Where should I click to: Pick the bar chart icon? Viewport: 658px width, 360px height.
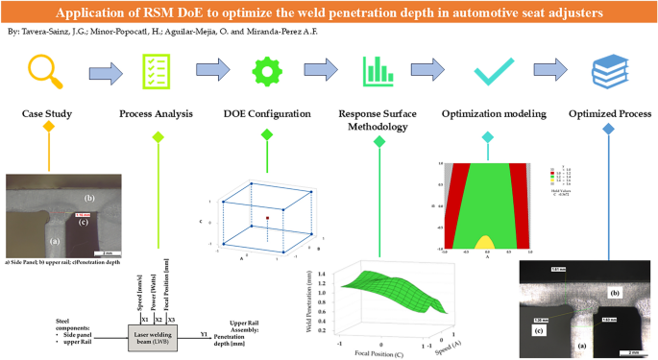tap(378, 70)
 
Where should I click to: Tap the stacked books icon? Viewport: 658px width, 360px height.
tap(607, 70)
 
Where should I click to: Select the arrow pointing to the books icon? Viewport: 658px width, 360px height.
tap(550, 71)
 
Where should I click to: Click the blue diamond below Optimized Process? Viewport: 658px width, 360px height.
tap(607, 136)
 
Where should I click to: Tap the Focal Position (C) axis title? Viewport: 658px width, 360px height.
tap(370, 351)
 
